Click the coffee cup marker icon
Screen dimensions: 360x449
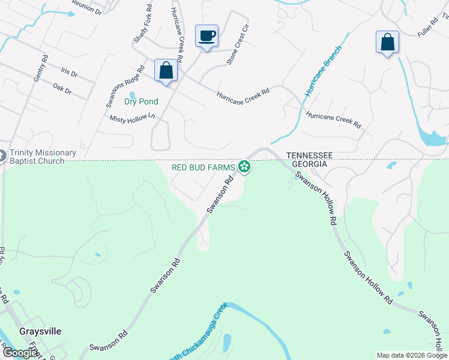[206, 36]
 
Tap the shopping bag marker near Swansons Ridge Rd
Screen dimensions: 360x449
[165, 71]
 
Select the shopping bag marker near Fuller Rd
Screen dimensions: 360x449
[387, 42]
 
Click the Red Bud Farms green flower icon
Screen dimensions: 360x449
[244, 167]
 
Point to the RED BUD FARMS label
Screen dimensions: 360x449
[203, 167]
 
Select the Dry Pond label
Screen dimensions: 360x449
[141, 101]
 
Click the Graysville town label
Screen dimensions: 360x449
[41, 331]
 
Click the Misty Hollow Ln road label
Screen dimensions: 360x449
[132, 119]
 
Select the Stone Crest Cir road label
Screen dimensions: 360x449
[237, 45]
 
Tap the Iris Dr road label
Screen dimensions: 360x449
[69, 71]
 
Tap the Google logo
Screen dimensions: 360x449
[20, 352]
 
